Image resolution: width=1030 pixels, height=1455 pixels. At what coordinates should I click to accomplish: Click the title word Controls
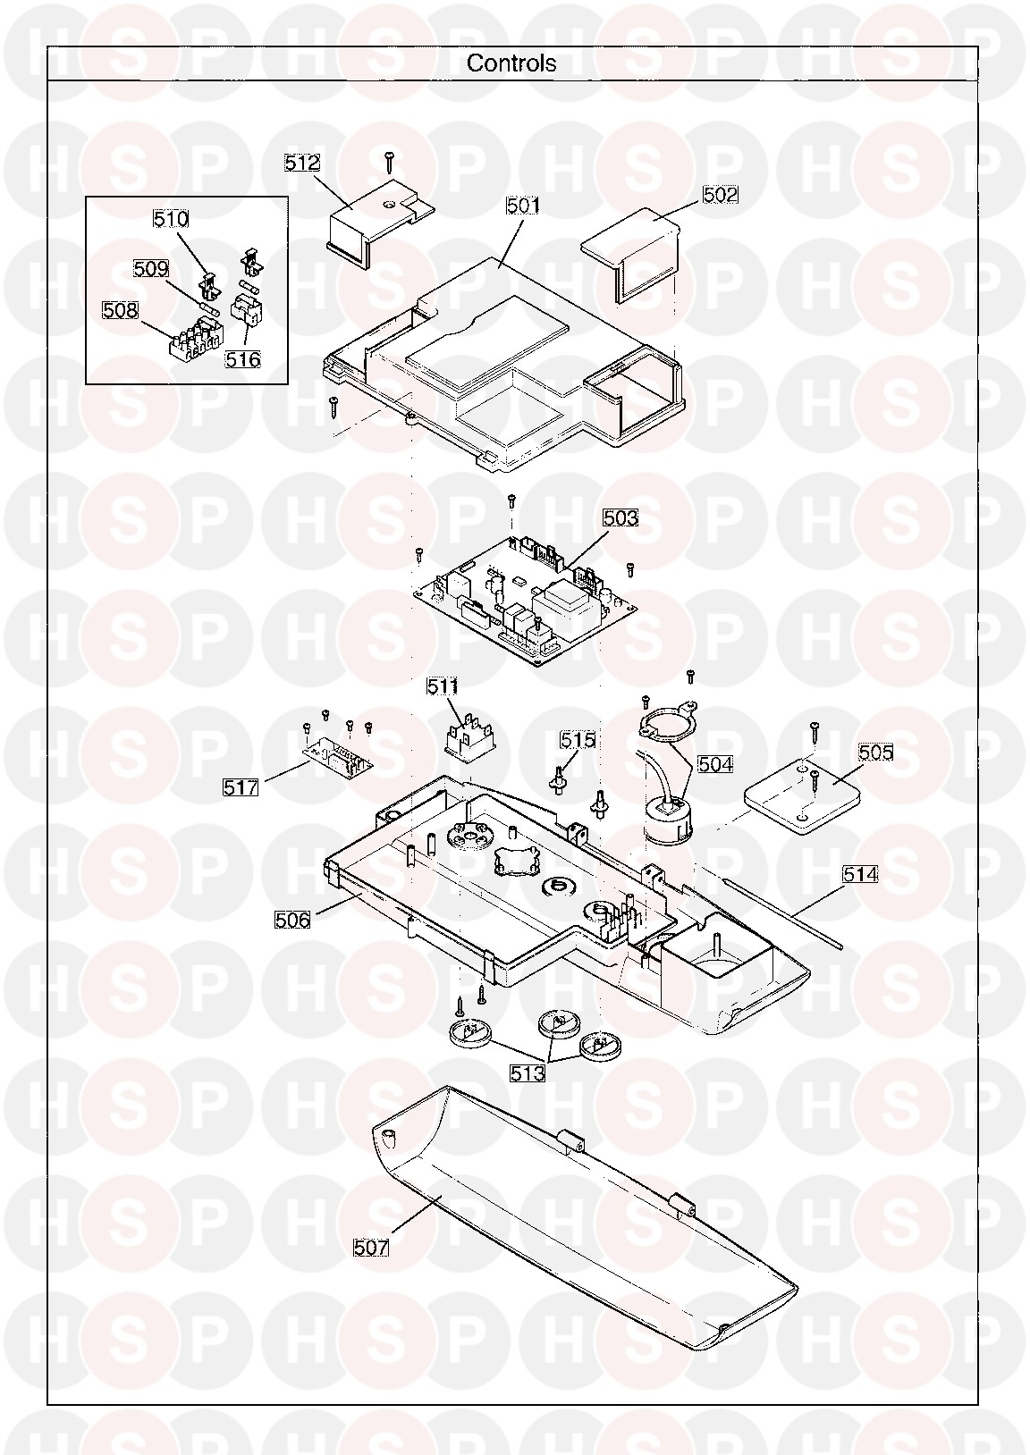511,63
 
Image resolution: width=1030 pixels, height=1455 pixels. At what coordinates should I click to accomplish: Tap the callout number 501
523,206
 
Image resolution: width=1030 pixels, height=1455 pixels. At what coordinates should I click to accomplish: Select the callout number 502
721,194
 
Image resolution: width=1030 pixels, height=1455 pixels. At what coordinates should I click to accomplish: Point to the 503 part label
621,517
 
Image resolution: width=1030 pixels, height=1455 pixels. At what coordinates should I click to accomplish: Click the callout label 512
302,163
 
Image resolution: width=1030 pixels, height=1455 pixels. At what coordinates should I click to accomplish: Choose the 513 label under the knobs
527,1073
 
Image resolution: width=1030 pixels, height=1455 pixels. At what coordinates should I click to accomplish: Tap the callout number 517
241,787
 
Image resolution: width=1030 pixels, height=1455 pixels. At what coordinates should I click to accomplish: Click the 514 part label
860,874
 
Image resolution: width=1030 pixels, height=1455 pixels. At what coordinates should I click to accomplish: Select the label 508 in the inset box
120,310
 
